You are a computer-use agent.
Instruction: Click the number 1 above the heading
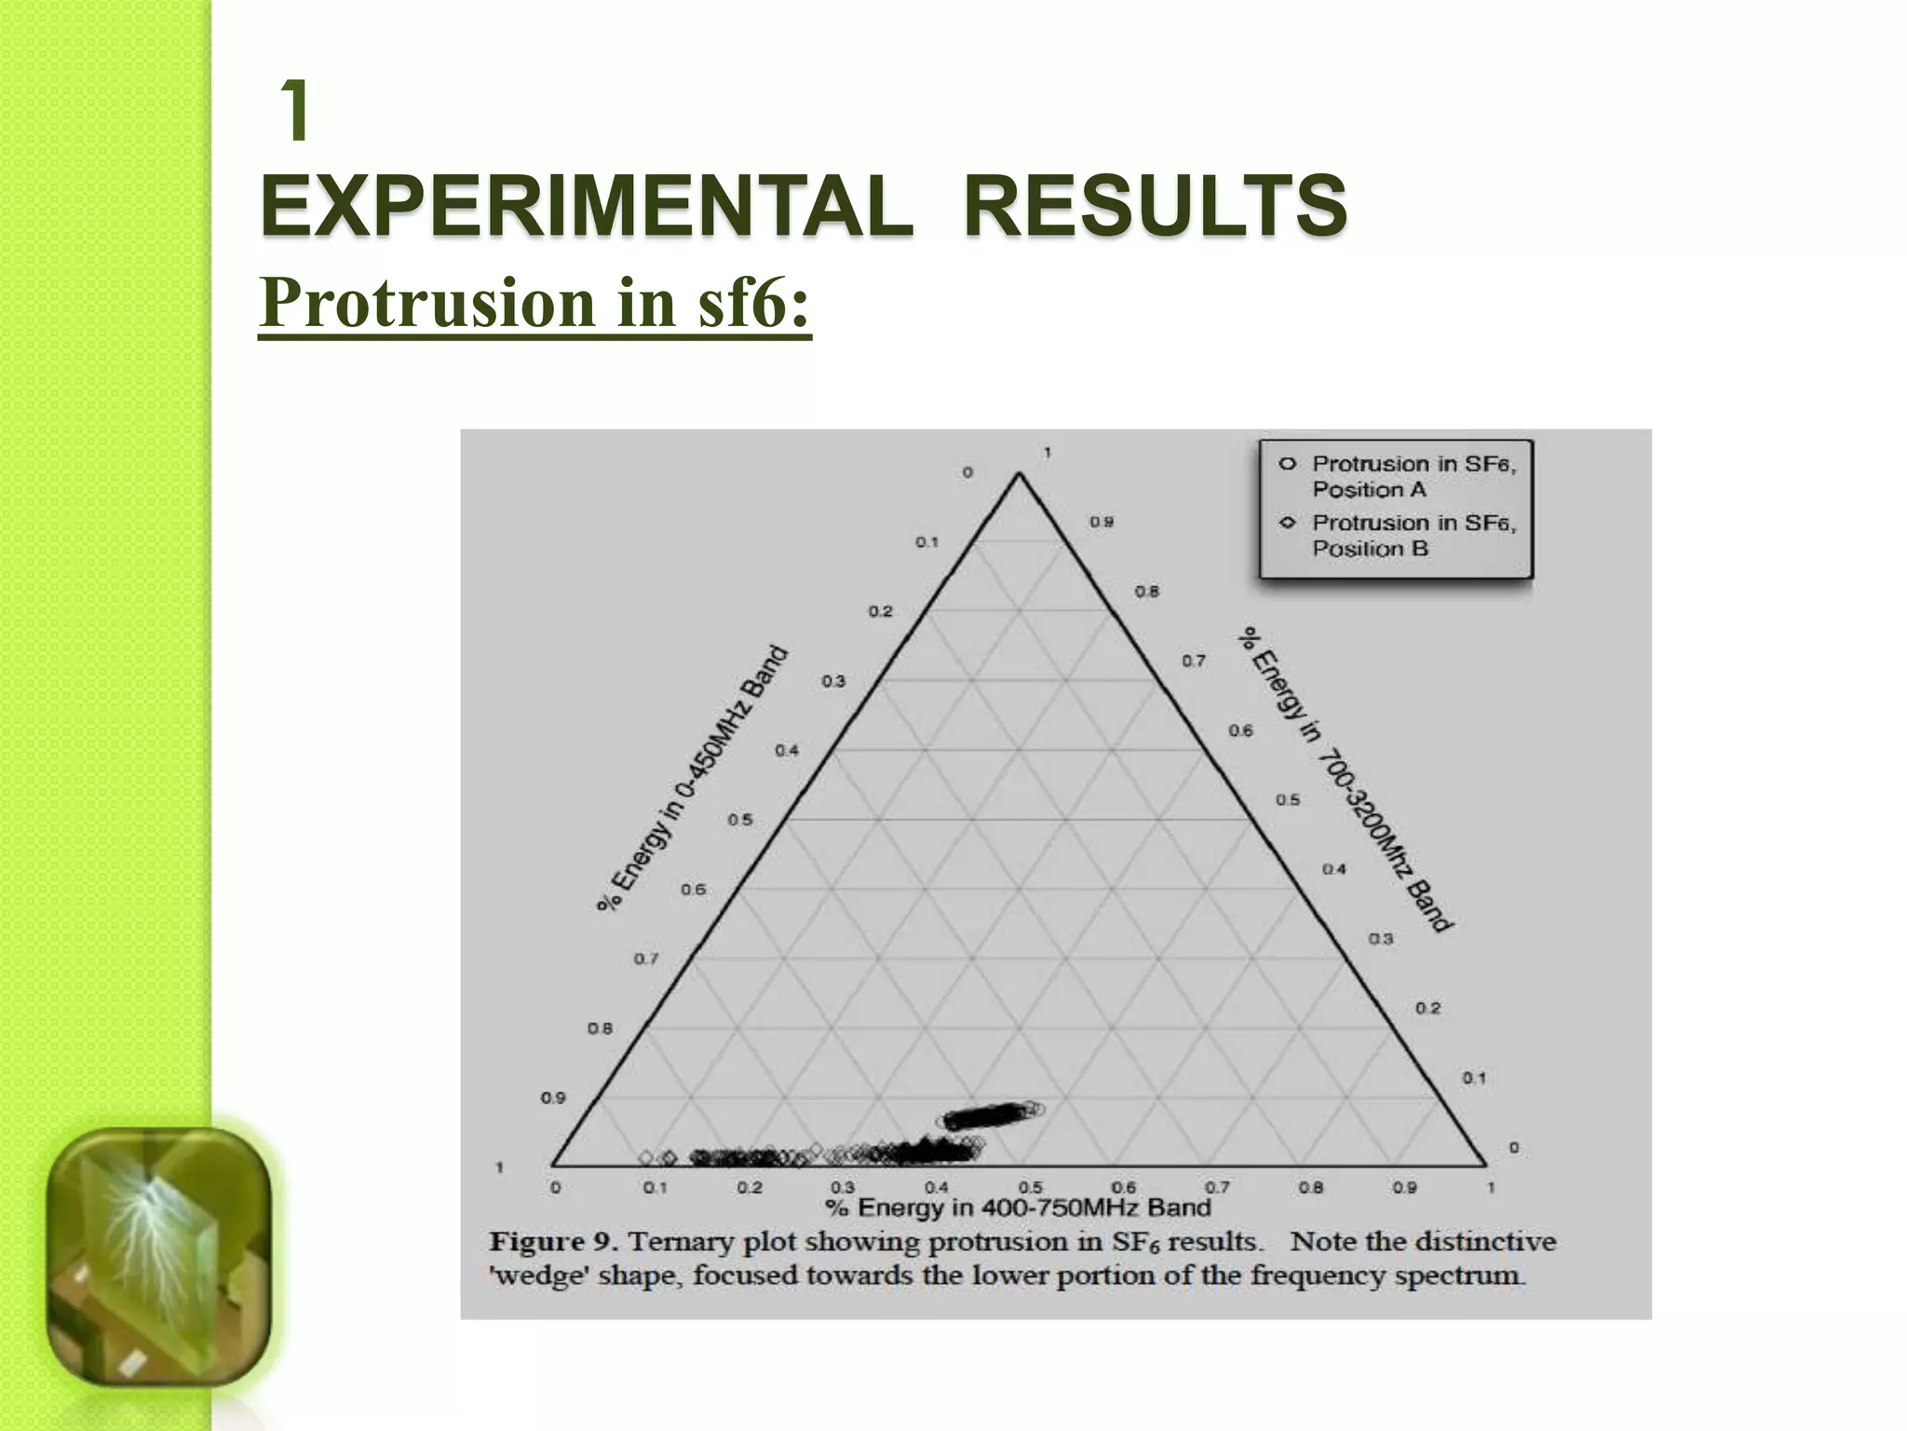(296, 113)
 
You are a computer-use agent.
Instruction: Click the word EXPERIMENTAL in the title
(587, 205)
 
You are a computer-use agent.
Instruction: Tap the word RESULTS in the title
(1155, 205)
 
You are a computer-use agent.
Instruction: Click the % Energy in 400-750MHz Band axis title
(1018, 1208)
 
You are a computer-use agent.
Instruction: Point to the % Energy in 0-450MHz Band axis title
(693, 779)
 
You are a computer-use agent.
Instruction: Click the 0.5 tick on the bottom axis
(1030, 1188)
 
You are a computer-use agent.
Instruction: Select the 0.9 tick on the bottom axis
(1404, 1188)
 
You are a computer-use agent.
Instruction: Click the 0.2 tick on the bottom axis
(749, 1188)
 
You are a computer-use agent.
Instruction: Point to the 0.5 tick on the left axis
(740, 820)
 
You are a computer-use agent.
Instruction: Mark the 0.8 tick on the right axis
(1147, 592)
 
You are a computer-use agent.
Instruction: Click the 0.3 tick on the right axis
(1380, 939)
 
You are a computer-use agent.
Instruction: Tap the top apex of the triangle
(1019, 474)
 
